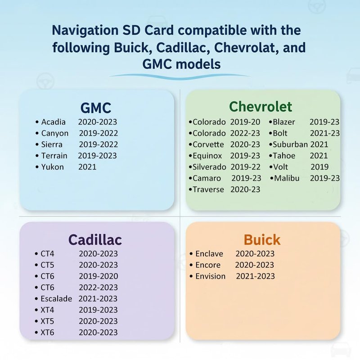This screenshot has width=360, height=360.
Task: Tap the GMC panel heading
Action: click(96, 108)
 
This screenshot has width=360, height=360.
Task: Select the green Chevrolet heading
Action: click(261, 107)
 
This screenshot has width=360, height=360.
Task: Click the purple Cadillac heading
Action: click(95, 240)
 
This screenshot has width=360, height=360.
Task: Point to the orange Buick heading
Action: click(262, 240)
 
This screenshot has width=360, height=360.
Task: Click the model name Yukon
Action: click(53, 167)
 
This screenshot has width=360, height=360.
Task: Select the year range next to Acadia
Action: click(98, 122)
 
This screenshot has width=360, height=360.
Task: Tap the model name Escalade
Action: click(56, 299)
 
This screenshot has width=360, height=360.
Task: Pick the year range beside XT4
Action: click(98, 310)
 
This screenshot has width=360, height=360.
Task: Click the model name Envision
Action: click(210, 276)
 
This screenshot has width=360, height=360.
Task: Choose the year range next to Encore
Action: click(254, 265)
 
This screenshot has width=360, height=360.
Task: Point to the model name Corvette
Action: click(208, 144)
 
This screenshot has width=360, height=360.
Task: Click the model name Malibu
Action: click(287, 178)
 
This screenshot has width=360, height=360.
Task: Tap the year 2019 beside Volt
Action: click(319, 167)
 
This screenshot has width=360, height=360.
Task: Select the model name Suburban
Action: click(290, 144)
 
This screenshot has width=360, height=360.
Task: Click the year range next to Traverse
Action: click(245, 189)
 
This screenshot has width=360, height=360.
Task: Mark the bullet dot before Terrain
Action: click(37, 156)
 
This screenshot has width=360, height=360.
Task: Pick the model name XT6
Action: click(47, 333)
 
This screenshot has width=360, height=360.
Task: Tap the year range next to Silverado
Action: click(245, 167)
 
